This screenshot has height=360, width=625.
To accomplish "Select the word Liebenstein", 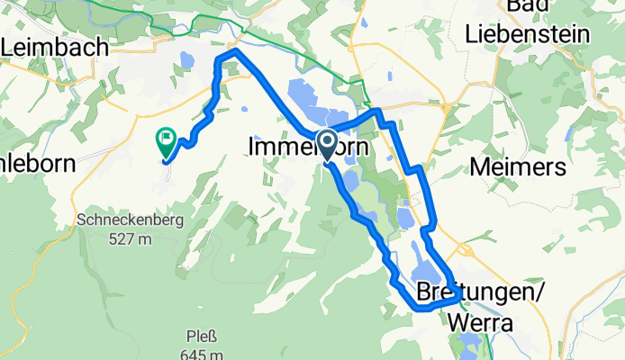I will [x=528, y=34].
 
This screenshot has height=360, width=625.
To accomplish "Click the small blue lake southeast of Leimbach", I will [x=186, y=61].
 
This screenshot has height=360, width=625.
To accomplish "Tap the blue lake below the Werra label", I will [x=468, y=345].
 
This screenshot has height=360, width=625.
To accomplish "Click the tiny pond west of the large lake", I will [x=245, y=110].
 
